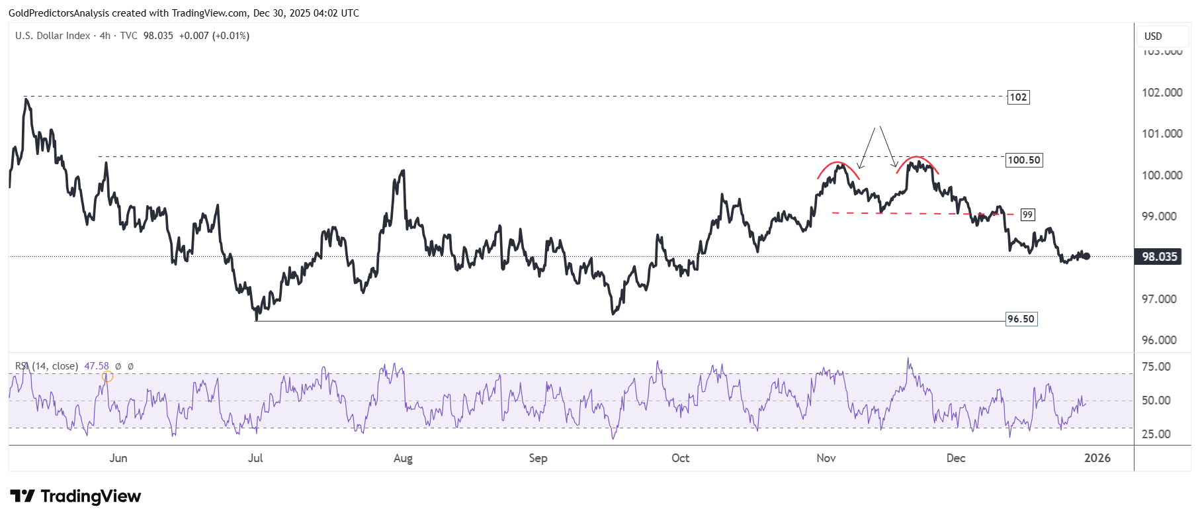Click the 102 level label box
pos(1018,97)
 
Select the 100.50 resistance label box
pos(1023,160)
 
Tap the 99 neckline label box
pos(1027,214)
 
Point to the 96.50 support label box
pos(1021,319)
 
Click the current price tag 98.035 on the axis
pos(1159,257)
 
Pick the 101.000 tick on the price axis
pos(1162,134)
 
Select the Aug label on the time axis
pos(403,458)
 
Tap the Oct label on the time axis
pos(680,458)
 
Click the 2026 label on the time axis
pos(1097,458)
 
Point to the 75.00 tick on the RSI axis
pos(1156,367)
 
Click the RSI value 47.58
pos(97,366)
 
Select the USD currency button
pos(1153,36)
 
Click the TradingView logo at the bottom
pos(75,497)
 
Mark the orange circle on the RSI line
pos(108,377)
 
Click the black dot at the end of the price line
pos(1086,256)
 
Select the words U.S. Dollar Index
pos(53,36)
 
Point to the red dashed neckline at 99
pos(920,214)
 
